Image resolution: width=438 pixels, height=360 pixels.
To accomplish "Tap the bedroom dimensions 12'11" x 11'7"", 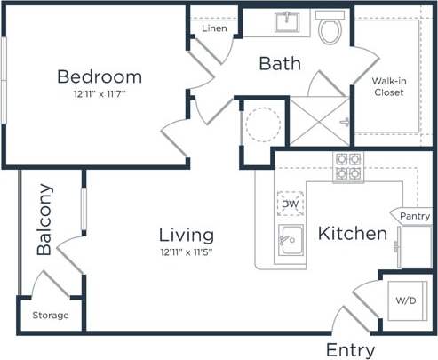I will point(100,92).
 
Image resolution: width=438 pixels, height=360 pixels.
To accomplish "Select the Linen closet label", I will point(214,28).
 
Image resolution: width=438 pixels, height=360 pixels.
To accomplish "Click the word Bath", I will point(280,64).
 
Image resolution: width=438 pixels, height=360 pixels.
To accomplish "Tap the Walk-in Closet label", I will point(389,86).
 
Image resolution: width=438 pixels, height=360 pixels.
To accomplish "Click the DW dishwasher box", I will point(289,204).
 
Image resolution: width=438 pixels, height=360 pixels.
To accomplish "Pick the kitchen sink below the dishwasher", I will point(289,240).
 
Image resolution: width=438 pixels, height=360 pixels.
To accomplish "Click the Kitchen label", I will point(353,235).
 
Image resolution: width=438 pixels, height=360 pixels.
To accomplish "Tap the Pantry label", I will point(414,216).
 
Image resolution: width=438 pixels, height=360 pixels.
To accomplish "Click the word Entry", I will point(350,349).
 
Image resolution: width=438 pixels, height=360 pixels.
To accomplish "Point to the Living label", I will point(187,236).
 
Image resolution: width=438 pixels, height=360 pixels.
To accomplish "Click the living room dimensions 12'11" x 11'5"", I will point(187,252).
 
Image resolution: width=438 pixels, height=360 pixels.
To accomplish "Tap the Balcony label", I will point(45,220).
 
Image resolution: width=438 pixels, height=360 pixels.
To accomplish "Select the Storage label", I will point(50,316).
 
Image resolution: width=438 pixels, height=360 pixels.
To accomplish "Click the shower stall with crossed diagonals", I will point(320,124).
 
